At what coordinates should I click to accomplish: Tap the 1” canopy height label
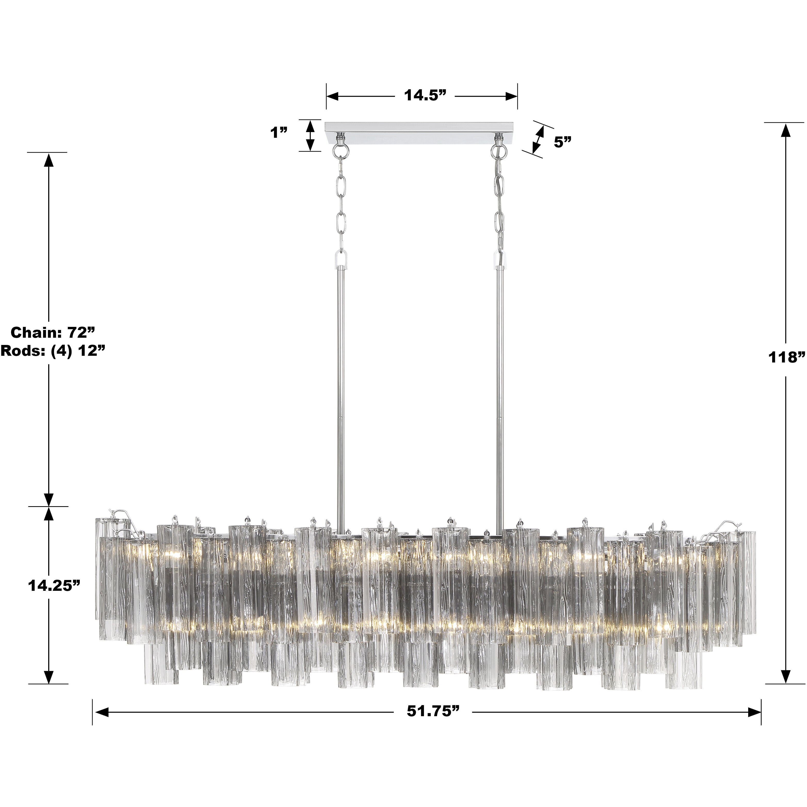(x=279, y=133)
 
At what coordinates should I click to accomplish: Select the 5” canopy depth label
(x=562, y=142)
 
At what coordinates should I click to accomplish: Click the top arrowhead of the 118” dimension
(x=785, y=130)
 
